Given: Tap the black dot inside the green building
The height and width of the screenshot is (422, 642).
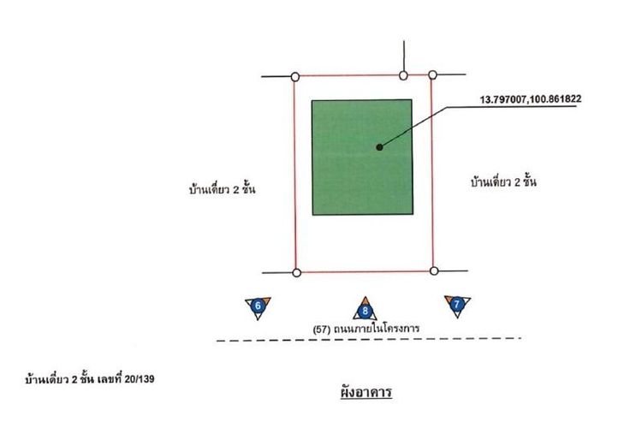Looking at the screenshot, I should coord(378,147).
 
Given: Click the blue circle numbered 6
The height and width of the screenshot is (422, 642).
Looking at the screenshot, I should coord(258,306).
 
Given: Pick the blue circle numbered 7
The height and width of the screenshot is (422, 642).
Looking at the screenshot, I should coord(457,304).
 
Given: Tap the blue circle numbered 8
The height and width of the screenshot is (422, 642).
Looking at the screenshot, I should coord(366,312).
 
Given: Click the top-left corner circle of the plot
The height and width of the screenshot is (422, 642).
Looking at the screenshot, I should coord(295,76).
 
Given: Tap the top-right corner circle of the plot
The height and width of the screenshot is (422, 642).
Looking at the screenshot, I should coord(432,76).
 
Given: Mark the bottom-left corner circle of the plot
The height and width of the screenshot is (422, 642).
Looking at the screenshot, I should coord(296,273).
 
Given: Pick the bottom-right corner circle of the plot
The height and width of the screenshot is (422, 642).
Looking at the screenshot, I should coord(433,271).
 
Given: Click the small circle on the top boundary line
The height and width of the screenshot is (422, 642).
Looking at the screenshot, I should coord(403,76).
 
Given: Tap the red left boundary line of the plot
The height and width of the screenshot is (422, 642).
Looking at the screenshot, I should coord(295,171).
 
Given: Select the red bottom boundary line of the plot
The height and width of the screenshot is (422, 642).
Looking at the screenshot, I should coord(364,272).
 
